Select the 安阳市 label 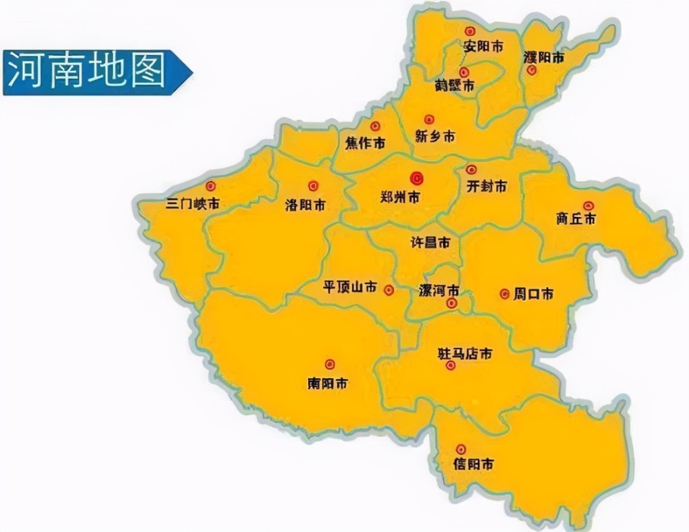[x=483, y=47]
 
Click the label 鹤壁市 [x=455, y=85]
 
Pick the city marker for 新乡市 [x=429, y=119]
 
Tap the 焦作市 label [x=364, y=143]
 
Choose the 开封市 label [x=486, y=187]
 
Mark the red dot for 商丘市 [x=588, y=205]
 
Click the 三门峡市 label [x=194, y=204]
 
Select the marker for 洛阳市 [x=313, y=185]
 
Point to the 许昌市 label [x=430, y=243]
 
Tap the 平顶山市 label [x=350, y=287]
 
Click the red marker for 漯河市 [x=451, y=303]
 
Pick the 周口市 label [x=534, y=294]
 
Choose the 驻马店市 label [x=465, y=354]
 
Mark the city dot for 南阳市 [x=329, y=364]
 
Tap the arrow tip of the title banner [x=191, y=72]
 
